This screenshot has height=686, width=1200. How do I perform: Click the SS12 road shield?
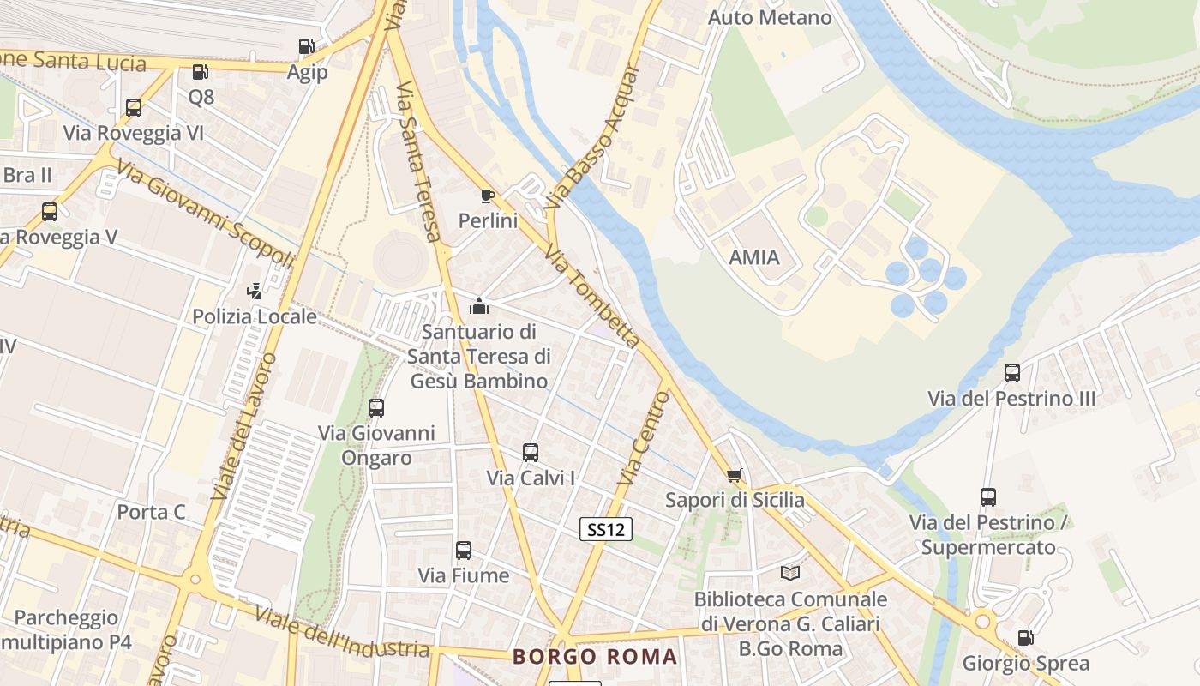[x=606, y=529]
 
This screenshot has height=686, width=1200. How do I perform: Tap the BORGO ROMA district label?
[x=595, y=657]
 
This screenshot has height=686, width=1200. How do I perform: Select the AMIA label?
[x=754, y=257]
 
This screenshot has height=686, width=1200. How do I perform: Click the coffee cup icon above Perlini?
[x=488, y=196]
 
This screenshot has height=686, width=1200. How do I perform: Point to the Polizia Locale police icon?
[x=254, y=292]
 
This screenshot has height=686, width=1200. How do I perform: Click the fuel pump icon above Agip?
[x=306, y=46]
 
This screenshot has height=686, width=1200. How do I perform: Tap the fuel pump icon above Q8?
[x=201, y=72]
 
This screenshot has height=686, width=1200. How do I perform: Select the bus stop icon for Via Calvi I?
[x=531, y=453]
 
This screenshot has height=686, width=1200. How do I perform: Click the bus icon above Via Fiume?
[x=464, y=550]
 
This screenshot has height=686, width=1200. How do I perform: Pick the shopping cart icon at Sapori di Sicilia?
[x=735, y=475]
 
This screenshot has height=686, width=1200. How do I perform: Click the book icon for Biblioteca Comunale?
[x=790, y=574]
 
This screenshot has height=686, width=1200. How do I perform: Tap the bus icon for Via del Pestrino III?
[x=1012, y=373]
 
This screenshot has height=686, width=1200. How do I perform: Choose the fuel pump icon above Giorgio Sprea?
[x=1025, y=638]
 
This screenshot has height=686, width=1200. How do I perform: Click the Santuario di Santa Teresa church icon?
[x=479, y=306]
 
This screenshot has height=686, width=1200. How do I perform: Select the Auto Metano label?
[x=771, y=17]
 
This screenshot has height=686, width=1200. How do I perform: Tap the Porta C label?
[x=151, y=512]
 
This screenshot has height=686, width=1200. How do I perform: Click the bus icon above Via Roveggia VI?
[x=134, y=108]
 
